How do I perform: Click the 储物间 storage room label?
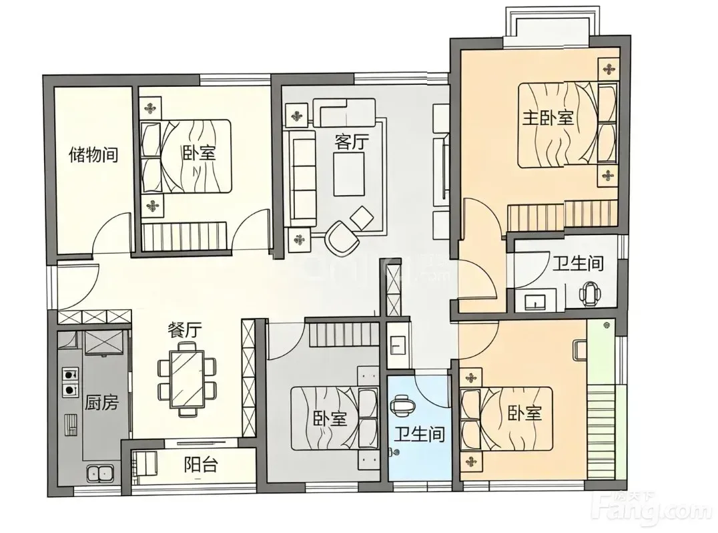pyautogui.click(x=93, y=154)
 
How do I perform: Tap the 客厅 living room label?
pyautogui.click(x=351, y=142)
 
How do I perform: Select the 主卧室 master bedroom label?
pyautogui.click(x=548, y=118)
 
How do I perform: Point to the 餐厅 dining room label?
pyautogui.click(x=185, y=330)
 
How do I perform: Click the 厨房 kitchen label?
pyautogui.click(x=101, y=402)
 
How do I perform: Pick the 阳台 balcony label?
pyautogui.click(x=201, y=465)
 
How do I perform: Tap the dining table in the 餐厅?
pyautogui.click(x=187, y=379)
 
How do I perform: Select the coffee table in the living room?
pyautogui.click(x=349, y=174)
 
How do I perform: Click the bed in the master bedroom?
pyautogui.click(x=567, y=124)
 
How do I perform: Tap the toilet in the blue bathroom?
pyautogui.click(x=403, y=404)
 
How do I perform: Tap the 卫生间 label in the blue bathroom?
pyautogui.click(x=420, y=433)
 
